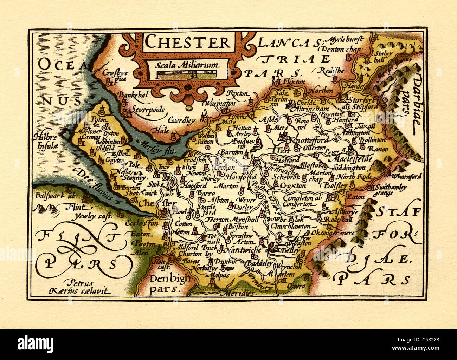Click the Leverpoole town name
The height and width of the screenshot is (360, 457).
(148, 110)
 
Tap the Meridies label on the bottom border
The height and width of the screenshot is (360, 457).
(240, 293)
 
